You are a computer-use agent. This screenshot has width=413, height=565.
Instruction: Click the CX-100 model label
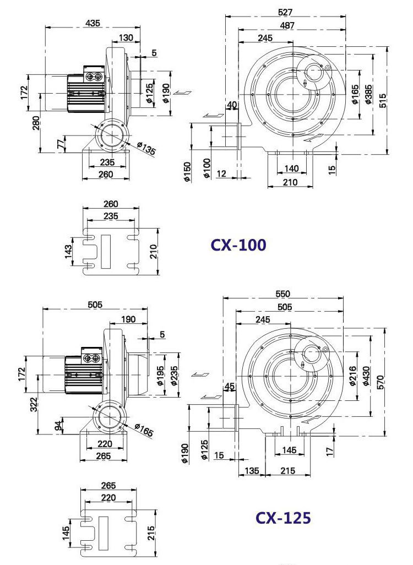tap(238, 245)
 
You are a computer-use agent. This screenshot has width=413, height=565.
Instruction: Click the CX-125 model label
tap(283, 518)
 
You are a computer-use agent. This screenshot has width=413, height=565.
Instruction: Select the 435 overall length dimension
tap(93, 23)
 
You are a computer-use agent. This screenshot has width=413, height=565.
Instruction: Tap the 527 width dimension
tap(285, 12)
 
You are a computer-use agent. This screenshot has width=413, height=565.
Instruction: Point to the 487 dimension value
tap(286, 25)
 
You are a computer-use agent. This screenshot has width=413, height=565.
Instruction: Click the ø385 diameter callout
tap(368, 94)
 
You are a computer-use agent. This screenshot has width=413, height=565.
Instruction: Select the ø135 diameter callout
tap(146, 148)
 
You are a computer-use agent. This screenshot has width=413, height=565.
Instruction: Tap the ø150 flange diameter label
tap(187, 172)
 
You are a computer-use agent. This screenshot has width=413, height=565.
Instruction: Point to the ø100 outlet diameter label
tap(206, 168)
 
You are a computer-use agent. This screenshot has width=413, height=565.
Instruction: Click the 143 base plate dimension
tap(68, 252)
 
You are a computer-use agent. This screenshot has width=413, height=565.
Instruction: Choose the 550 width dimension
tap(282, 294)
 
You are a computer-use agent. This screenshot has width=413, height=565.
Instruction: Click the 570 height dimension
tap(381, 382)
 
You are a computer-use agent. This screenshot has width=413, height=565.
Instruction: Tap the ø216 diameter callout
tap(353, 376)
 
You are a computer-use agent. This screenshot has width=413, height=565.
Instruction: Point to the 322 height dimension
tap(34, 405)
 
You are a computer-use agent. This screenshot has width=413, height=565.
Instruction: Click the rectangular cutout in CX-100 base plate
tap(106, 252)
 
